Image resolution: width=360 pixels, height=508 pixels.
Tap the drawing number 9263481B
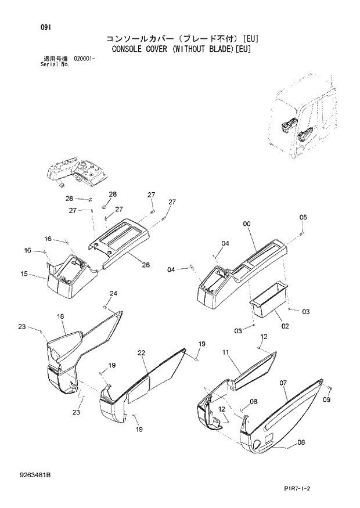[x=35, y=475]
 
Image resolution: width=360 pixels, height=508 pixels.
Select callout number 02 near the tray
[x=285, y=326]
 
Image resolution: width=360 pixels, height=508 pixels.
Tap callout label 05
[x=303, y=217]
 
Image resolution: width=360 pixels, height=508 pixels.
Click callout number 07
[x=284, y=383]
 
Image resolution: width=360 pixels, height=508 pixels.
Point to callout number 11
[x=226, y=352]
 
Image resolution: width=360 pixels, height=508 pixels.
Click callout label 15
[x=24, y=273]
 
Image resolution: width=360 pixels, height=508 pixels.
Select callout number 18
[x=60, y=316]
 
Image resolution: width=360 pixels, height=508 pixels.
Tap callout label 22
[x=141, y=352]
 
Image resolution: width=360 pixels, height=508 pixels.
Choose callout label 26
[x=145, y=265]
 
